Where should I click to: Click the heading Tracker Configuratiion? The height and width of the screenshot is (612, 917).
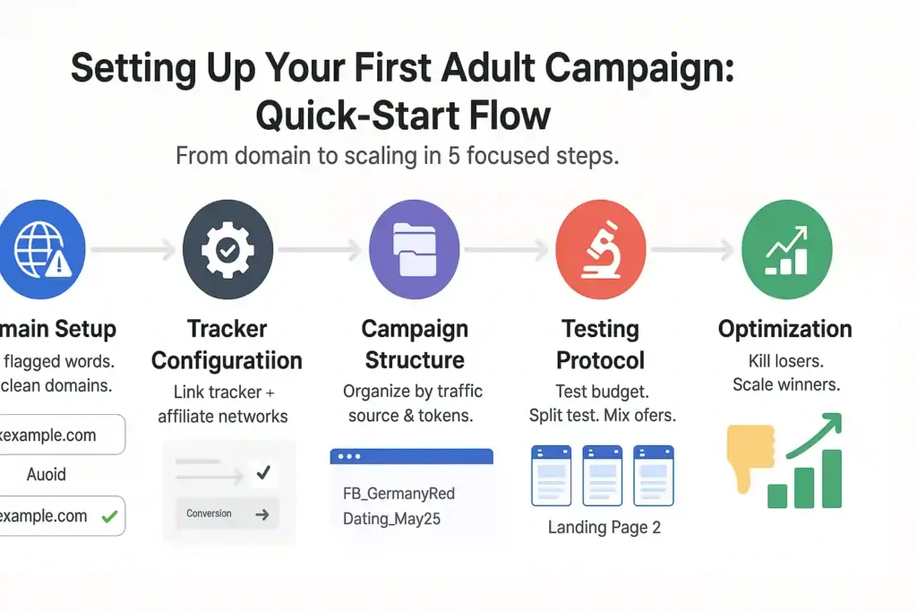227,345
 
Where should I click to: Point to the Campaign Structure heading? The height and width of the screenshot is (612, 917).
414,345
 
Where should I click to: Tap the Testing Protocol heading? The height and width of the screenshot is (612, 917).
600,345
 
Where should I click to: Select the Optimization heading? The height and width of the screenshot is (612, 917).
784,329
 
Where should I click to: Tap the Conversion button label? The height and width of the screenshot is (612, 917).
209,513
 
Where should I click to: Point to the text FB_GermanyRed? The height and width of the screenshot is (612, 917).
399,494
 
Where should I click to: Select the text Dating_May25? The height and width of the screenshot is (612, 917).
391,519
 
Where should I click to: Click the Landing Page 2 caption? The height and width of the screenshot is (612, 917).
604,528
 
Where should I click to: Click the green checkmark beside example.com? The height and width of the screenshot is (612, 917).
109,516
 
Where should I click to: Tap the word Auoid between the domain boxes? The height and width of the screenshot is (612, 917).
46,474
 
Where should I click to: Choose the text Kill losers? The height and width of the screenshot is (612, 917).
784,362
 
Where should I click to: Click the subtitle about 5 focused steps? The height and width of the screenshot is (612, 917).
398,156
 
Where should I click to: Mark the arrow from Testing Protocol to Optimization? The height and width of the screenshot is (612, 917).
692,251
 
